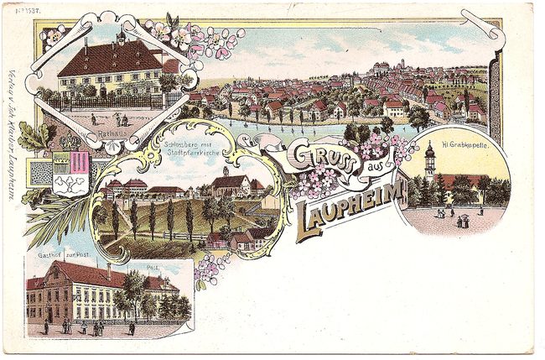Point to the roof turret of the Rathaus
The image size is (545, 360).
(121, 38)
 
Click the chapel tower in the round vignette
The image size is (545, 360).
(429, 161)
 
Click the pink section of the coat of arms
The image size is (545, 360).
(80, 161)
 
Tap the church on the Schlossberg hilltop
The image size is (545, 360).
(229, 182)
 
